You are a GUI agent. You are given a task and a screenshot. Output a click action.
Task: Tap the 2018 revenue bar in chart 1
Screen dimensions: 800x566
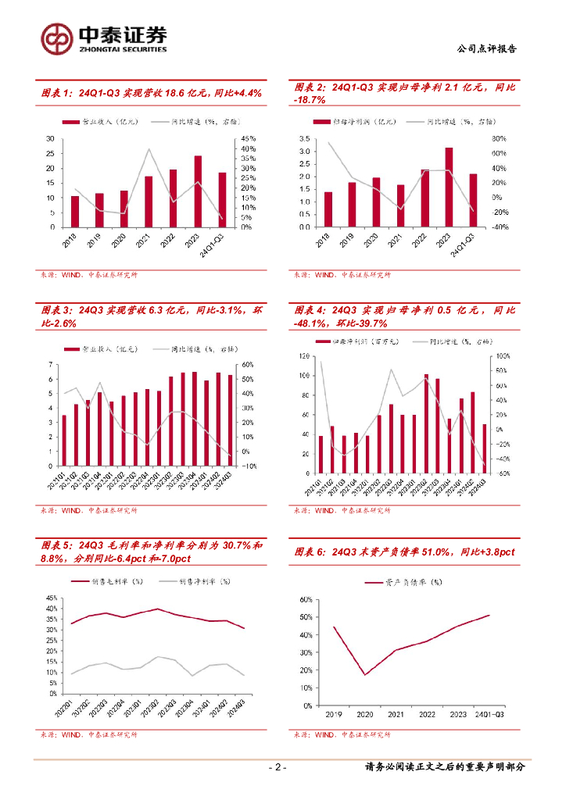[75, 211]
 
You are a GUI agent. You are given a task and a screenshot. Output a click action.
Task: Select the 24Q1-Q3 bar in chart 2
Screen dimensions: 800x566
[473, 200]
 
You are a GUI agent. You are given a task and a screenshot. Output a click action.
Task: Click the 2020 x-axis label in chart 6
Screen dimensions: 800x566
[364, 714]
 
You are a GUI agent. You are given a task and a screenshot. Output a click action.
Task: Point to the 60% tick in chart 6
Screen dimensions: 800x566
[305, 599]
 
